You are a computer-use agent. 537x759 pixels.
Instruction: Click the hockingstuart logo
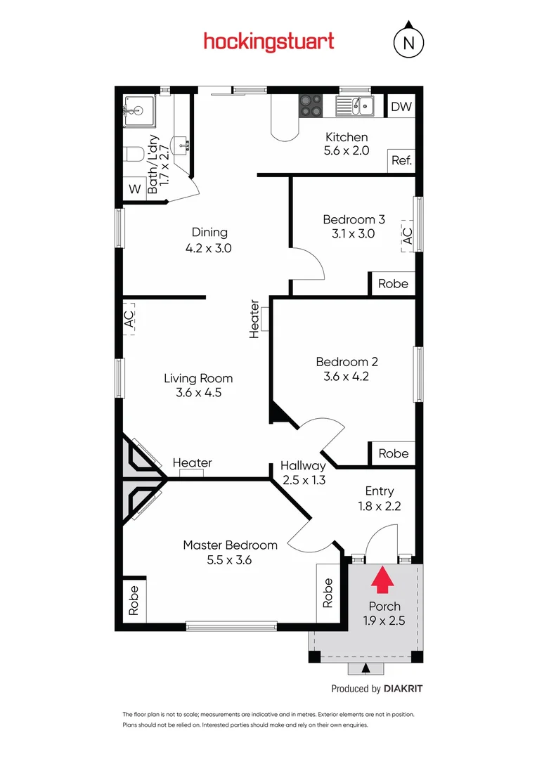click(268, 41)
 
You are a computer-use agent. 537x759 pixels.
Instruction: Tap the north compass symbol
click(408, 41)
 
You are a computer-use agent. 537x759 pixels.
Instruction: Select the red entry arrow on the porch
click(382, 581)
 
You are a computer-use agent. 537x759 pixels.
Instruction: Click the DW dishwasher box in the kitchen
click(401, 107)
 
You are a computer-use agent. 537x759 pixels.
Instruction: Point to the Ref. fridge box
click(401, 160)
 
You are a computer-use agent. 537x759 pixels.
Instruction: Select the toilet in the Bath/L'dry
click(134, 154)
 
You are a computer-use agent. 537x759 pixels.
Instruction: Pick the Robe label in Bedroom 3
click(393, 284)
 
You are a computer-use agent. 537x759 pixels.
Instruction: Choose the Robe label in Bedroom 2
click(393, 453)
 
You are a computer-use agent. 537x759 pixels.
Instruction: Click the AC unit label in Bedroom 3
click(407, 235)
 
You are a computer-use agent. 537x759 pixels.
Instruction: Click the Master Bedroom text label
click(230, 545)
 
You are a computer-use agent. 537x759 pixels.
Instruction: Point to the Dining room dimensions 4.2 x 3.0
click(209, 248)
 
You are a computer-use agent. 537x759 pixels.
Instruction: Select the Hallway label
click(303, 465)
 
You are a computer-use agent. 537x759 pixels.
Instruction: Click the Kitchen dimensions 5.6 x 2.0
click(346, 150)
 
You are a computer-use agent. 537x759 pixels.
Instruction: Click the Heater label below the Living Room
click(192, 463)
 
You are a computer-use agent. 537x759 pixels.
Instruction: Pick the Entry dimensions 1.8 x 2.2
click(379, 506)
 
